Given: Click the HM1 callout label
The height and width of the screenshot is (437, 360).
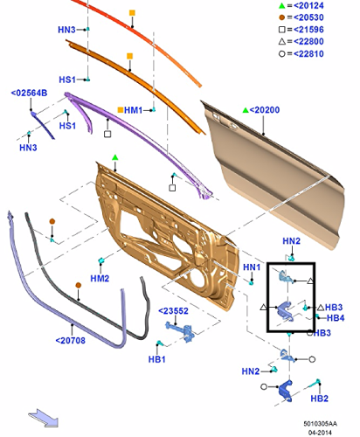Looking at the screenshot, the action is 133,110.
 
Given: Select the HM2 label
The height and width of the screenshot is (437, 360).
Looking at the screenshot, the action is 100,279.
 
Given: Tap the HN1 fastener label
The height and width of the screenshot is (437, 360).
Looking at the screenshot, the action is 252,267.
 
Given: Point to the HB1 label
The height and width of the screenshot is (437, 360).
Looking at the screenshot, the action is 157,359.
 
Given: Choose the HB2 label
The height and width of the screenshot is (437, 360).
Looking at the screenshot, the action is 320,399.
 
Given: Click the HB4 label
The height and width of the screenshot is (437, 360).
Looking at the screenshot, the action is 336,318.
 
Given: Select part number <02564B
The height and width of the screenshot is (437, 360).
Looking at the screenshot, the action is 29,94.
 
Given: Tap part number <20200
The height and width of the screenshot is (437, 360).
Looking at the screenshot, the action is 265,110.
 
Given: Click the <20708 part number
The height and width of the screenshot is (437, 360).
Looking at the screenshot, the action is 71,340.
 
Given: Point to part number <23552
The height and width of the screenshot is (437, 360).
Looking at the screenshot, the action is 173,311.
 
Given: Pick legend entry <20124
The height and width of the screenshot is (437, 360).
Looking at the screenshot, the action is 308,5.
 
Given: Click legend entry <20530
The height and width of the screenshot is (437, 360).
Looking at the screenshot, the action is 308,17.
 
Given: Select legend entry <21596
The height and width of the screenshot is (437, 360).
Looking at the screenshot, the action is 308,30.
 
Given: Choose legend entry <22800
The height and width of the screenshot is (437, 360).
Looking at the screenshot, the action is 308,41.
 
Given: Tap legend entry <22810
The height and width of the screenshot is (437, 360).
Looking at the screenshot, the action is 308,53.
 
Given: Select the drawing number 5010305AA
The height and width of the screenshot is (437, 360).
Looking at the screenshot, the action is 321,424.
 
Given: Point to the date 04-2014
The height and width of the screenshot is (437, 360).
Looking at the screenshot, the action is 321,433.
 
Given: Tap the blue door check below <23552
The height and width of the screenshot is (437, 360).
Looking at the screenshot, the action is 181,331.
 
